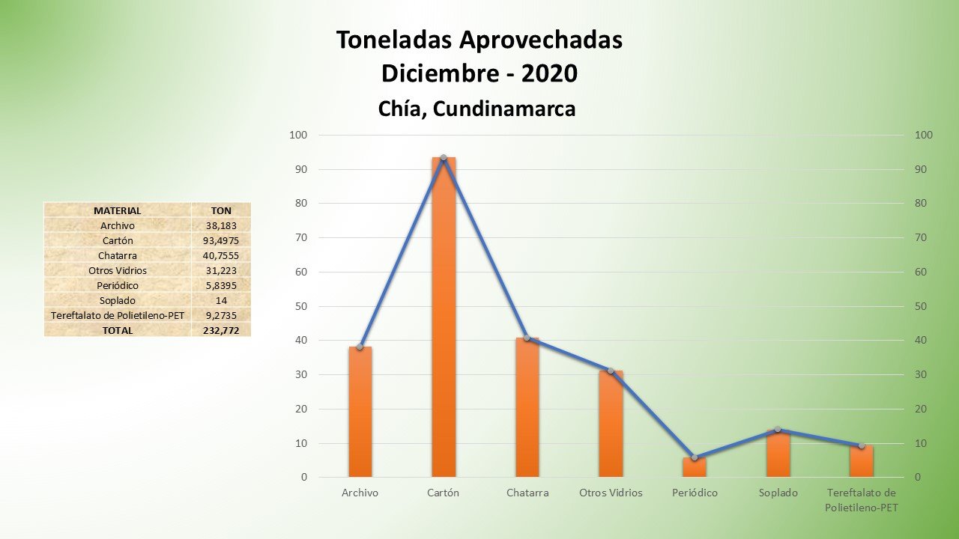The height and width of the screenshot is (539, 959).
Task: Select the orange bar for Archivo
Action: pos(360,412)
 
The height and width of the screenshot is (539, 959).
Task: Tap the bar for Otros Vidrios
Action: pos(611,424)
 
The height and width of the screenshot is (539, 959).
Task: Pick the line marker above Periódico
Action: pos(695,457)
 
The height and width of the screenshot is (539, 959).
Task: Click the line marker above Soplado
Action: pos(778,430)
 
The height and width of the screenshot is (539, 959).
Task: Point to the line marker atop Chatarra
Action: pos(527,338)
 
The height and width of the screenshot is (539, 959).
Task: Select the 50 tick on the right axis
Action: pos(923,306)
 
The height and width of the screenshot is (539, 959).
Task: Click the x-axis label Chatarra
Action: pos(527,493)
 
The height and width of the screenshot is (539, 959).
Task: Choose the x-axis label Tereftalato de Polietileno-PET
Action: pos(861,500)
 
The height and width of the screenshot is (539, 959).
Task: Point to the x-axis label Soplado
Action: pos(778,493)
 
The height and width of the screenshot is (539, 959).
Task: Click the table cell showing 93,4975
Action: pos(221,240)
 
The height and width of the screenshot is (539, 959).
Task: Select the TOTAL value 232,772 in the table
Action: pos(221,330)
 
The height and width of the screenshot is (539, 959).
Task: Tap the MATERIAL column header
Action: pos(117,210)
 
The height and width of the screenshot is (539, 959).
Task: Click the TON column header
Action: pos(221,210)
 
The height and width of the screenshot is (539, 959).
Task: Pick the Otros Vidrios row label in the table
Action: pos(117,270)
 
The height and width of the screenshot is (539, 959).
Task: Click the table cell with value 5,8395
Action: pos(221,285)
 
